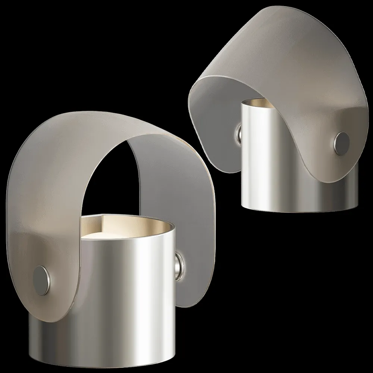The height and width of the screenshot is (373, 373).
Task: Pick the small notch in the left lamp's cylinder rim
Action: click(103, 216)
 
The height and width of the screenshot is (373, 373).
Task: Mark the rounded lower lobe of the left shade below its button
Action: click(48, 310)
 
